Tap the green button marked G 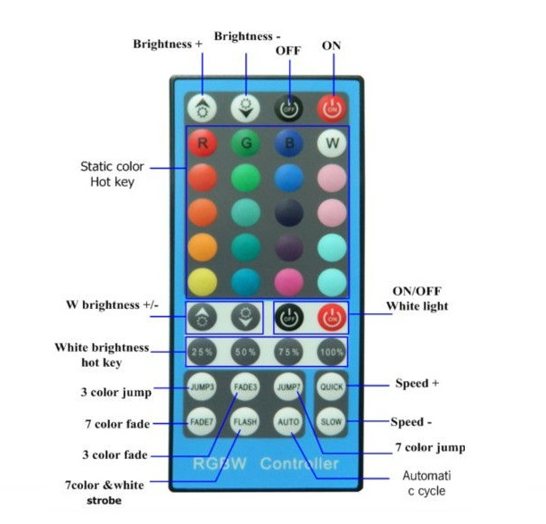245,143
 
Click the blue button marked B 289,143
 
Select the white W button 332,143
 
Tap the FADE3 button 245,387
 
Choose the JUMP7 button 288,387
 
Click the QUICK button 332,387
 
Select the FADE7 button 202,421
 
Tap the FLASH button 245,421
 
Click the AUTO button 288,421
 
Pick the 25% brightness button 202,352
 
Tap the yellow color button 203,282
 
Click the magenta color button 289,282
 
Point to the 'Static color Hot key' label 112,174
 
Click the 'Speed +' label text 417,383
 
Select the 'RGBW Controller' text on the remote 266,463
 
